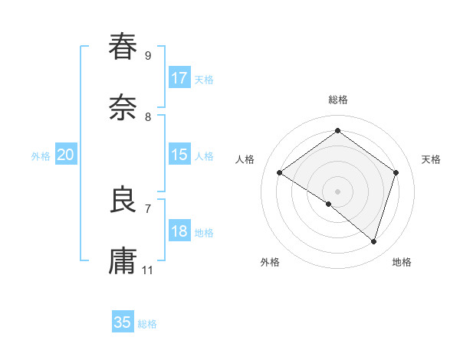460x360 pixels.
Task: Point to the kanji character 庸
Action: [x=123, y=260]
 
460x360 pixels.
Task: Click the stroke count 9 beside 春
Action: [x=148, y=55]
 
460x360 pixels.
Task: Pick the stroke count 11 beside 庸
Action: [x=148, y=270]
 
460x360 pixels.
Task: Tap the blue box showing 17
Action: [x=179, y=78]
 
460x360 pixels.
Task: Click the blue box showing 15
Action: [x=179, y=155]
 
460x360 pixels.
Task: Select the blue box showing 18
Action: [x=179, y=231]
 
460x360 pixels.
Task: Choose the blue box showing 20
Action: [x=66, y=155]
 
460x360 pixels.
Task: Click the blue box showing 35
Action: [x=123, y=322]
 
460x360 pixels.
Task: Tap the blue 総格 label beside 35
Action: [x=147, y=324]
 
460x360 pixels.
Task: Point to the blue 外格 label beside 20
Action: [x=41, y=156]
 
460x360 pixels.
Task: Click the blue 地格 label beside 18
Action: [x=204, y=233]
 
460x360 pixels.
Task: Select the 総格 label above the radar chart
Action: [x=337, y=100]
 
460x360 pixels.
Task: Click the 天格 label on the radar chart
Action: [x=431, y=159]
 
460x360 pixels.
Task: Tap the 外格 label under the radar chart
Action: [x=270, y=262]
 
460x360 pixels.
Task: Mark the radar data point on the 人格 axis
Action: [x=280, y=173]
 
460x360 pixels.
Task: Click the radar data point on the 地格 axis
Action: [x=374, y=241]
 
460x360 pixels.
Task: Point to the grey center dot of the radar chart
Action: [x=337, y=191]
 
